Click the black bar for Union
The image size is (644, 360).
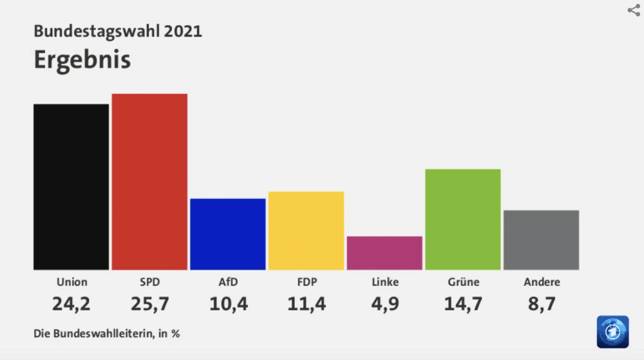coord(71,187)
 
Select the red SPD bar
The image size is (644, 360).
coord(149,182)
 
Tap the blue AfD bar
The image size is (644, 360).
coord(228,234)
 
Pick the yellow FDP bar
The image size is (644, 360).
coord(306,231)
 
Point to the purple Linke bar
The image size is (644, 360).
coord(384,253)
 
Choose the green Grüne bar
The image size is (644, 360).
coord(463,219)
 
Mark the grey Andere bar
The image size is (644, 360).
coord(541,240)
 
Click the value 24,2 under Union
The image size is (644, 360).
coord(71,303)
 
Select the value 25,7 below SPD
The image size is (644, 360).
coord(149,303)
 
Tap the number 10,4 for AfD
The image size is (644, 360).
coord(228,303)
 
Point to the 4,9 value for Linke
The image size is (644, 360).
coord(384,303)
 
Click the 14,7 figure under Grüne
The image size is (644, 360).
coord(463,303)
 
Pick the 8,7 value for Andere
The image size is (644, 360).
coord(541,303)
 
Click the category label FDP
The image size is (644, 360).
coord(306,282)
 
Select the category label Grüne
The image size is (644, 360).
coord(463,282)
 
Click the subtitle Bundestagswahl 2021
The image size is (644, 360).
coord(118,31)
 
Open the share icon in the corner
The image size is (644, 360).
coord(633,10)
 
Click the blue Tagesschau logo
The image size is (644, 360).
coord(612,332)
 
